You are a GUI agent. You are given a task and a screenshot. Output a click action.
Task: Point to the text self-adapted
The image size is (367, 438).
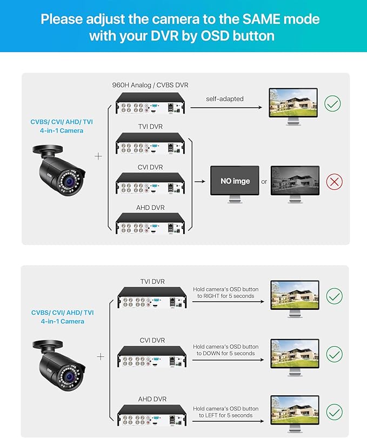[225, 99]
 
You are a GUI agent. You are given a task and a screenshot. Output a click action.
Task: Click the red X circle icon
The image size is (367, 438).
[335, 181]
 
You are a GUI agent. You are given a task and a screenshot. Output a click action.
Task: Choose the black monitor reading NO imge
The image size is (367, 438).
[235, 181]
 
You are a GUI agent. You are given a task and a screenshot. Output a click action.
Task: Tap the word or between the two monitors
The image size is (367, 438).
[264, 182]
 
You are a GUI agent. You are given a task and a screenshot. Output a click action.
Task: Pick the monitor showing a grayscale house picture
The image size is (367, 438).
[295, 181]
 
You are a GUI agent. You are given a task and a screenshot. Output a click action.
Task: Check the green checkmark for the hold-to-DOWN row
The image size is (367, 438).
[335, 354]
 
